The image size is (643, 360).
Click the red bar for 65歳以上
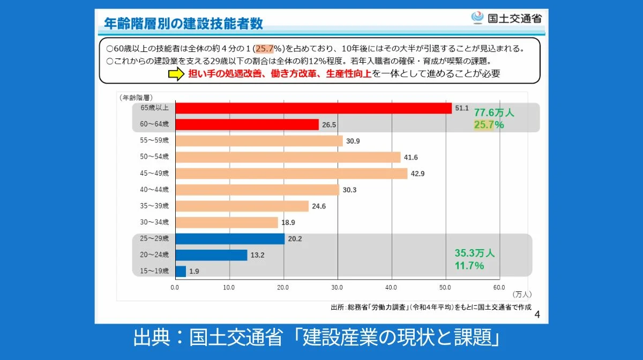point(313,108)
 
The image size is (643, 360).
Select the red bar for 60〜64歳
point(247,125)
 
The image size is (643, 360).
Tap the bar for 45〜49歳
point(291,174)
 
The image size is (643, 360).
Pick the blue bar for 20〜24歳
point(211,255)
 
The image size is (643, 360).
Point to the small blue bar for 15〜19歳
point(181,271)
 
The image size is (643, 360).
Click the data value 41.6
point(412,157)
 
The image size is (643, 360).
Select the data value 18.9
point(288,222)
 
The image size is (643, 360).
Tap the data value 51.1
point(462,108)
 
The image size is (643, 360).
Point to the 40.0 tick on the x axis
point(392,287)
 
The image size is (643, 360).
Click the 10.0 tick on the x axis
point(229,287)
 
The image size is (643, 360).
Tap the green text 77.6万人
point(494,113)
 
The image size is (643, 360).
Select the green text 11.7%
point(469,266)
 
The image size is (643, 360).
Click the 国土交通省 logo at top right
point(506,18)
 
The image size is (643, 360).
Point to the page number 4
point(537,314)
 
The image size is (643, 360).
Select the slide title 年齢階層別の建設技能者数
point(184,24)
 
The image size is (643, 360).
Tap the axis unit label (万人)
point(521,295)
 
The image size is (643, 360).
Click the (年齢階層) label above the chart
point(136,97)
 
